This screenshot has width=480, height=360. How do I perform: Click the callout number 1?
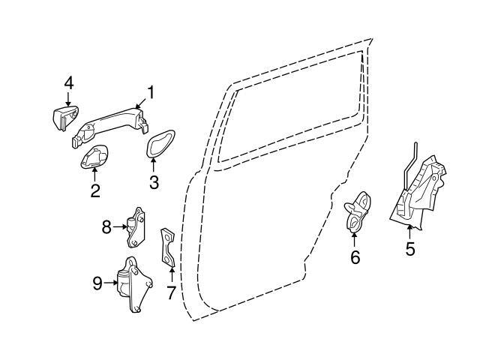pyautogui.click(x=151, y=92)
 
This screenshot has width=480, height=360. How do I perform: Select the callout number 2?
pyautogui.click(x=95, y=190)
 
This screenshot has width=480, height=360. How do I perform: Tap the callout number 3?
pyautogui.click(x=154, y=182)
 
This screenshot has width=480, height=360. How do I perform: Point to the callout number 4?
pyautogui.click(x=68, y=82)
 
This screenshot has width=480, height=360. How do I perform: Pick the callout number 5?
pyautogui.click(x=410, y=248)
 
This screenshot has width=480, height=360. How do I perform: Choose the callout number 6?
pyautogui.click(x=355, y=256)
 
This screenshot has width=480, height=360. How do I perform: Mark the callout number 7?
pyautogui.click(x=171, y=292)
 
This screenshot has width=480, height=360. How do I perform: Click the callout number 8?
pyautogui.click(x=106, y=224)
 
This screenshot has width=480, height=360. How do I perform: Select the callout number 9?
pyautogui.click(x=97, y=283)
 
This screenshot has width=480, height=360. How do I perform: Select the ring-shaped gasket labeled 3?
pyautogui.click(x=160, y=145)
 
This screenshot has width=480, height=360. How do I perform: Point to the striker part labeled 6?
pyautogui.click(x=358, y=212)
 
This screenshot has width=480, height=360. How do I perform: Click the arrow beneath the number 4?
pyautogui.click(x=68, y=100)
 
